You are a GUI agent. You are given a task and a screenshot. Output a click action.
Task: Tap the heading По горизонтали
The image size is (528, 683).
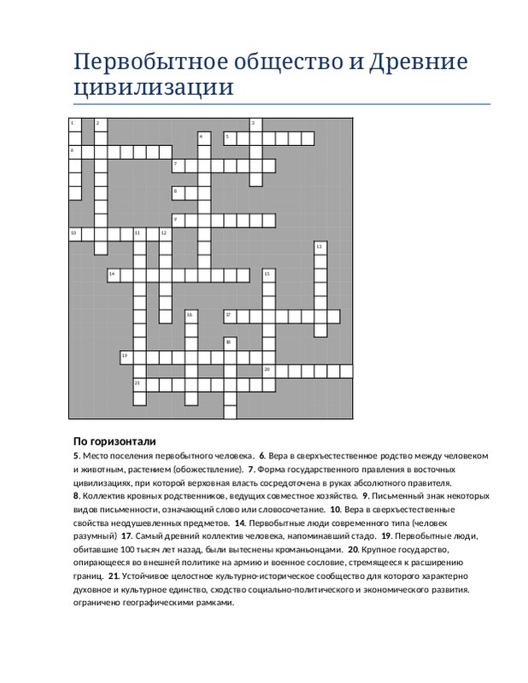pyautogui.click(x=114, y=441)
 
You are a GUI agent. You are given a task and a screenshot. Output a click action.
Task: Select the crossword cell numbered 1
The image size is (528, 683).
pyautogui.click(x=74, y=125)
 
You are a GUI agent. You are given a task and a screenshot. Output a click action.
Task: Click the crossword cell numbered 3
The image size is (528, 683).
pyautogui.click(x=255, y=125)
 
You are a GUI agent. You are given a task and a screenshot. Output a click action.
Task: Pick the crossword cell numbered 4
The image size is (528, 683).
pyautogui.click(x=203, y=137)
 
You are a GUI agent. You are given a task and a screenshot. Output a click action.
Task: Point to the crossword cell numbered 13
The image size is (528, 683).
pyautogui.click(x=320, y=248)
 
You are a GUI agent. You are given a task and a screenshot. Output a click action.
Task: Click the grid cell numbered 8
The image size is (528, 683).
pyautogui.click(x=178, y=193)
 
